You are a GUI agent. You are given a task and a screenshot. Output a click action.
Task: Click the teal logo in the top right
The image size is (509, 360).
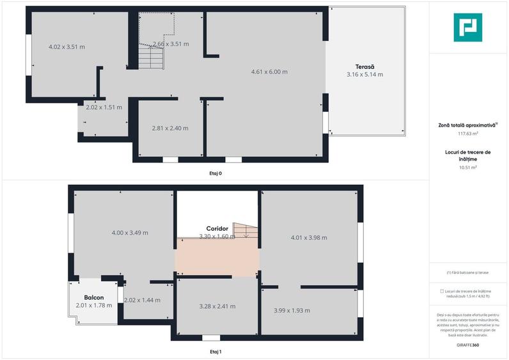click(x=468, y=27)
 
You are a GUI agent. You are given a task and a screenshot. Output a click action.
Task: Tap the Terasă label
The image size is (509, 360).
click(x=364, y=67)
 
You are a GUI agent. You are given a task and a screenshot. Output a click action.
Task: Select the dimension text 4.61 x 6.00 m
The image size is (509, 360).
click(x=269, y=72)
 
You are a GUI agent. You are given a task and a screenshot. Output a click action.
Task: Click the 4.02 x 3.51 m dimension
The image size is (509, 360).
click(x=67, y=47)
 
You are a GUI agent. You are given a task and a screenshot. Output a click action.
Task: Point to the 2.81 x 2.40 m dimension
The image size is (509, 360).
click(x=170, y=128)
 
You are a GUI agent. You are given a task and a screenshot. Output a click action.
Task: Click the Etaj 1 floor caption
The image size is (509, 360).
click(x=215, y=351)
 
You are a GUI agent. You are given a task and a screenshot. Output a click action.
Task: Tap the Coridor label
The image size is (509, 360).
click(x=217, y=228)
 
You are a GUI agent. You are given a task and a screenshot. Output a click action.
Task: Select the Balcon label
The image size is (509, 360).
click(x=93, y=297)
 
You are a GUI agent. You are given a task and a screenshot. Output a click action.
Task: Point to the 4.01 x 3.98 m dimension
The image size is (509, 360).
click(x=308, y=237)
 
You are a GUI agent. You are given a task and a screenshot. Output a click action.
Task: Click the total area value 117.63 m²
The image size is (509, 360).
click(x=468, y=134)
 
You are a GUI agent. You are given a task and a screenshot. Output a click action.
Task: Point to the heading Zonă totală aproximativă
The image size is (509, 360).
click(x=467, y=125)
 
